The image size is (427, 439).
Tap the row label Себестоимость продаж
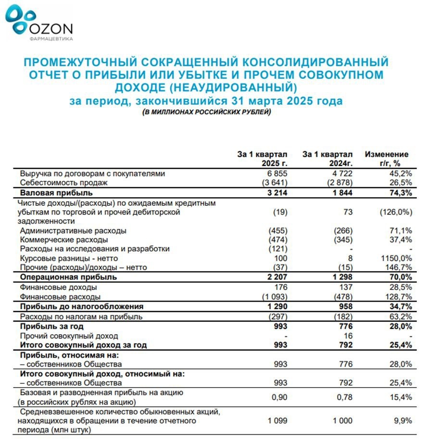tap(64, 183)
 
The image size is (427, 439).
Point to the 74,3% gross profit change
tap(400, 193)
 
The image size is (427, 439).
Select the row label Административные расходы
tap(73, 230)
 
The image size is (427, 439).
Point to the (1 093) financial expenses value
tap(274, 296)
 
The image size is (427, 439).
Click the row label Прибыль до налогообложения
tap(81, 306)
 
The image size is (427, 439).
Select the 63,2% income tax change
tap(400, 316)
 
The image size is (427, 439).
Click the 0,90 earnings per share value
tap(279, 397)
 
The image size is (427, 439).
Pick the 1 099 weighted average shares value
tap(278, 420)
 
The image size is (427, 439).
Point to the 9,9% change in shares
tap(402, 420)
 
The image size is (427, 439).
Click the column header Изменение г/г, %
tap(387, 159)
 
